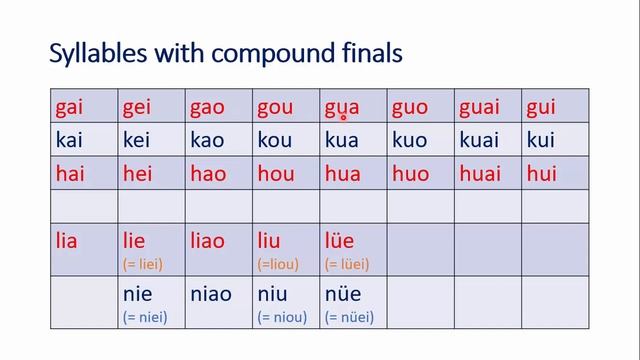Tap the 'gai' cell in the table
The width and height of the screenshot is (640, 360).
70,107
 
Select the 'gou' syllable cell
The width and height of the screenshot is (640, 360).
275,107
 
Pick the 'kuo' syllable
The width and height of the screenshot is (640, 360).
410,140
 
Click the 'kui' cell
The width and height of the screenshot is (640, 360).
540,140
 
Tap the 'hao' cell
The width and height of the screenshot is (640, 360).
208,174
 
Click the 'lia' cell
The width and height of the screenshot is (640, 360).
67,241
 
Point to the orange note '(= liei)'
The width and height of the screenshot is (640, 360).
144,264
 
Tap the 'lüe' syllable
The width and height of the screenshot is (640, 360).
340,241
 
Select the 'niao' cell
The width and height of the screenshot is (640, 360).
211,295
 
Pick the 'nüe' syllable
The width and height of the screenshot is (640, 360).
341,295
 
